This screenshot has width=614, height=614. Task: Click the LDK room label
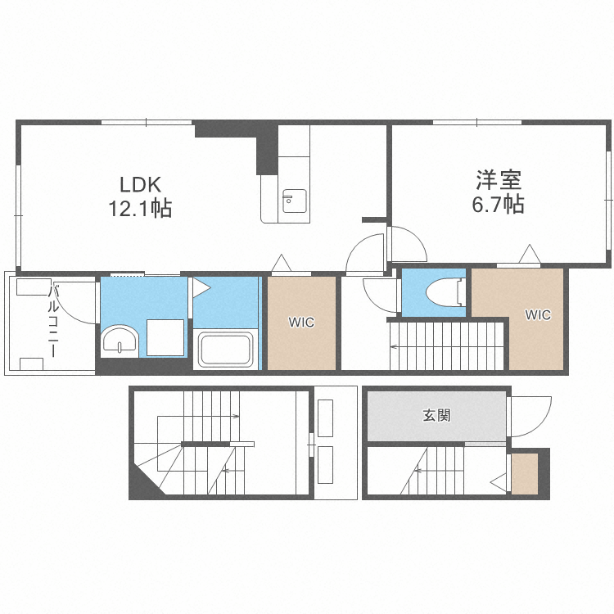140,184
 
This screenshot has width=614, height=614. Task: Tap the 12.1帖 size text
140,208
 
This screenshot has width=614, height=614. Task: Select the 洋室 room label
499,180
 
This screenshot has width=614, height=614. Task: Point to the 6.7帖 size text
498,204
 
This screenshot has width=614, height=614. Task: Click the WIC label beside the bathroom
301,323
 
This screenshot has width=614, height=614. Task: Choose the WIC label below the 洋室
538,315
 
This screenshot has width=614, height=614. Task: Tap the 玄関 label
436,415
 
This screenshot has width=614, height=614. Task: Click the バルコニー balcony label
53,321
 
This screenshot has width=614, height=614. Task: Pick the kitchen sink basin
295,201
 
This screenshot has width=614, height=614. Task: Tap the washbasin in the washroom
120,339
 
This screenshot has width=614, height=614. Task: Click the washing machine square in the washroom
165,337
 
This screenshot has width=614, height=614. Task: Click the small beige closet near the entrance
525,473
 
